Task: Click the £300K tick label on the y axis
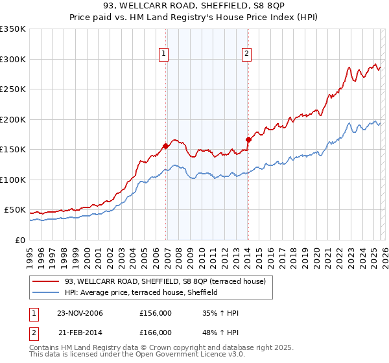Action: coord(13,59)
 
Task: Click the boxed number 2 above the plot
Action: coord(247,54)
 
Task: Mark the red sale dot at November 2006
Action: coord(166,146)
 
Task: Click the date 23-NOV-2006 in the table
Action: coord(80,314)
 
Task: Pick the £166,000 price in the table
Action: coord(156,332)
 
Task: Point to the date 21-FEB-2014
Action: coord(79,332)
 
